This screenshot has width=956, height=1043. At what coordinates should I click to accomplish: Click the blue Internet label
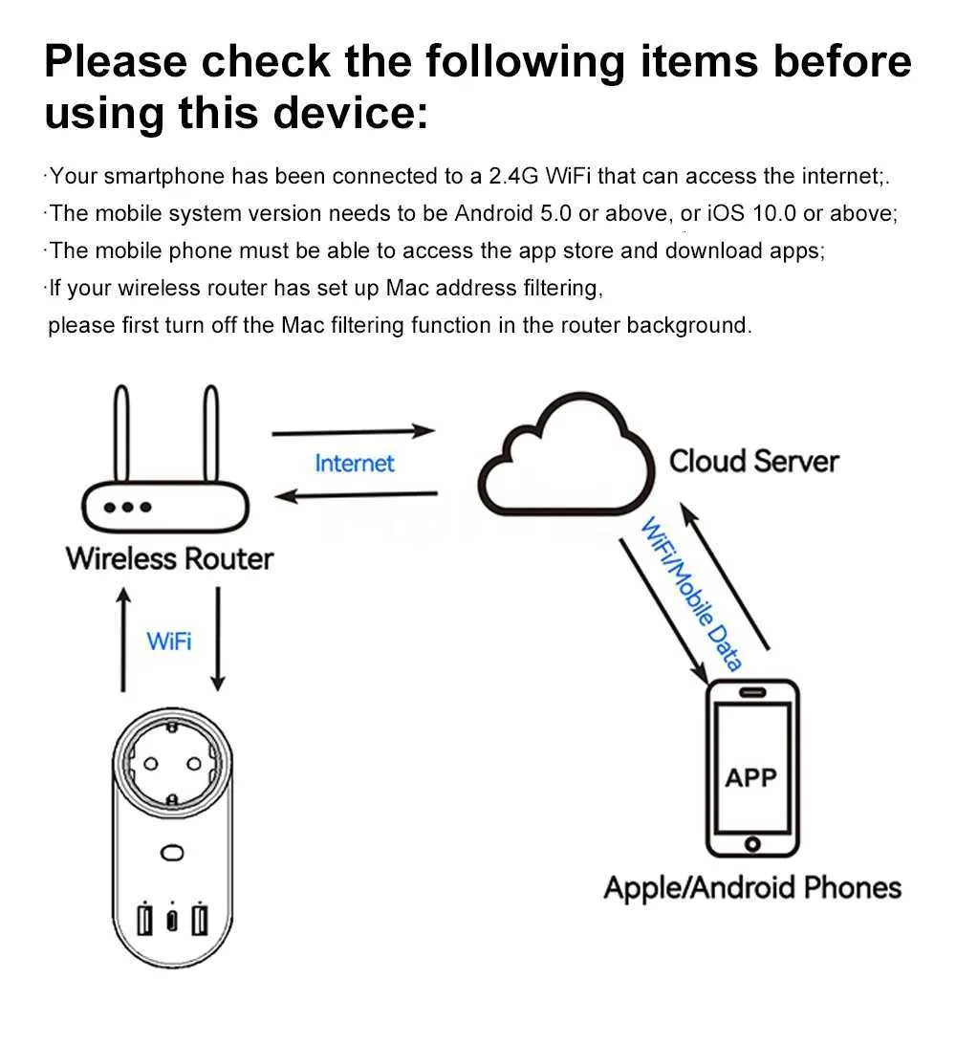tap(355, 463)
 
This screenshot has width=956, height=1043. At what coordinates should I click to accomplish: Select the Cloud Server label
tap(753, 461)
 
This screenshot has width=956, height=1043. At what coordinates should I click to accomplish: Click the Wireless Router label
tap(169, 558)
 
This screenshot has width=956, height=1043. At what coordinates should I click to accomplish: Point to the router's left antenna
tap(121, 432)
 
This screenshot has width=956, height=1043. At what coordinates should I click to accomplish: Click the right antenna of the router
tap(211, 432)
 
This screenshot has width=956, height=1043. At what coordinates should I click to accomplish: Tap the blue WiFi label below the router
tap(169, 641)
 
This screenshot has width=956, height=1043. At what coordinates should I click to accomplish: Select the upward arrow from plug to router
tap(123, 640)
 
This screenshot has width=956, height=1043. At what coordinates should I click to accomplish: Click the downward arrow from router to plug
tap(218, 640)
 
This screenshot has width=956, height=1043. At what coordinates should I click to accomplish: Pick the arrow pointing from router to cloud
tap(354, 432)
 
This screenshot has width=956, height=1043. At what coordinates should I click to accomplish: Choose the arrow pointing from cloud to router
tap(356, 495)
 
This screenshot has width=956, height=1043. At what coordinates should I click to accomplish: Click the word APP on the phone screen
tap(751, 777)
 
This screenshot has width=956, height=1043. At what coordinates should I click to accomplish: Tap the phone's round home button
tap(752, 844)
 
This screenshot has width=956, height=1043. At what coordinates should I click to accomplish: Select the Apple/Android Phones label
tap(752, 888)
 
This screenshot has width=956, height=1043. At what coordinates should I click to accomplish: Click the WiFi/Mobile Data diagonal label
tap(692, 594)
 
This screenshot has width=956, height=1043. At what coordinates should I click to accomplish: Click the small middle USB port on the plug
tap(172, 920)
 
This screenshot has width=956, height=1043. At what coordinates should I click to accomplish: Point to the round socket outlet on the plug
tap(172, 762)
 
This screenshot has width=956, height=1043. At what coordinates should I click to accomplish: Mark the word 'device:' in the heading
tap(351, 113)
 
